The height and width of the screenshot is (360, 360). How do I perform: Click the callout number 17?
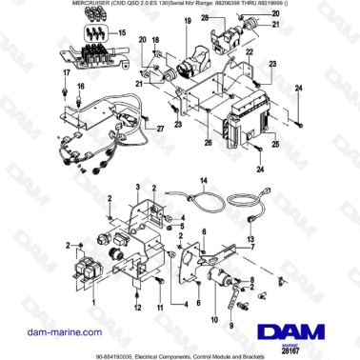coord(66,72)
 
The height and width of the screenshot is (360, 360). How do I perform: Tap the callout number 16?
coord(80,87)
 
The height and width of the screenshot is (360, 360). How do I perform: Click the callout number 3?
coord(176,238)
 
